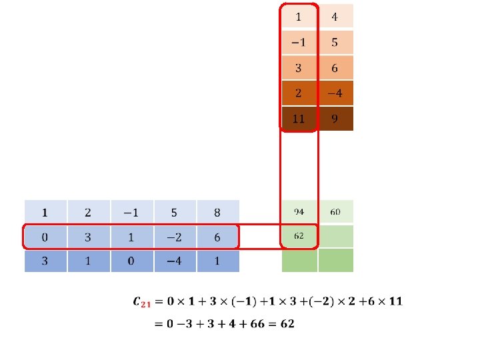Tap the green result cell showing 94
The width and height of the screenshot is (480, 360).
[299, 212]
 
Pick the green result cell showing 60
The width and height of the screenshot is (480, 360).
[335, 212]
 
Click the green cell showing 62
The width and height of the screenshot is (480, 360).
[299, 236]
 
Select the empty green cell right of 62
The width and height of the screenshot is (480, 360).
[335, 236]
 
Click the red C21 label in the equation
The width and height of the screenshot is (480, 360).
[143, 303]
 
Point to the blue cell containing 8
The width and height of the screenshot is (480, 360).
[217, 213]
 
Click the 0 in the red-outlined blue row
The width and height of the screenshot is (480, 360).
[45, 237]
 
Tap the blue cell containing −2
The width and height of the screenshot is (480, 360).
[174, 237]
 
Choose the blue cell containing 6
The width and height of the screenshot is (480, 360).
[217, 237]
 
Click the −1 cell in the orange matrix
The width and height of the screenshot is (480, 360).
[298, 42]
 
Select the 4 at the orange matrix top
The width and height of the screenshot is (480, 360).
[335, 16]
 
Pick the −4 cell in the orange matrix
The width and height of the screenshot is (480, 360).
[335, 93]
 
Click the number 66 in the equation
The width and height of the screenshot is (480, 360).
[257, 324]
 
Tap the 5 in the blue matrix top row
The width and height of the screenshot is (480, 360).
[174, 213]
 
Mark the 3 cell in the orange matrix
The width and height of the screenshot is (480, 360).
[298, 67]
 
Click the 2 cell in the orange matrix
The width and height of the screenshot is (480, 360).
[298, 93]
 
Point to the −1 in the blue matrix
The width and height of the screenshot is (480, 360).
[131, 213]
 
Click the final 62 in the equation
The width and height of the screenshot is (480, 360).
[287, 324]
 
